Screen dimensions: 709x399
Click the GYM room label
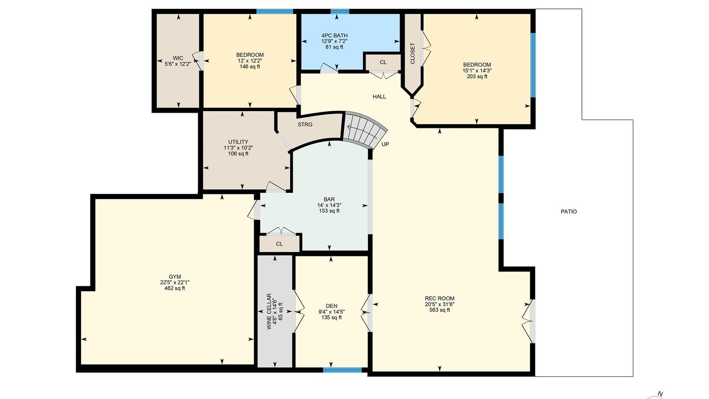(x=175, y=277)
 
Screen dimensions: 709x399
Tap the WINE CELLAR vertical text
(x=269, y=311)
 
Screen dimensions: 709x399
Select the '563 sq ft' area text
(x=439, y=310)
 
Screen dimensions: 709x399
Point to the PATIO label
(x=569, y=212)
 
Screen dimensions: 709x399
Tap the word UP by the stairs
(x=385, y=144)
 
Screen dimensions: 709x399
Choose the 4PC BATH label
(x=335, y=35)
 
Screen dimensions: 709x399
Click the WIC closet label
(x=178, y=58)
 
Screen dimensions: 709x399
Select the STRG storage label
(x=305, y=125)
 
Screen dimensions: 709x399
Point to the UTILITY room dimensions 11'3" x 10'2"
(x=238, y=148)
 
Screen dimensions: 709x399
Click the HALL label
(x=379, y=97)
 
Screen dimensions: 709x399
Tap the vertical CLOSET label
(x=412, y=53)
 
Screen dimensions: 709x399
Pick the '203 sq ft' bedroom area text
(x=477, y=76)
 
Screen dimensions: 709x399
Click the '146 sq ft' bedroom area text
(x=250, y=66)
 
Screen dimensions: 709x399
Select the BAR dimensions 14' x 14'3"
(x=329, y=205)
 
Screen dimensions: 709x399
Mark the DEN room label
(x=332, y=306)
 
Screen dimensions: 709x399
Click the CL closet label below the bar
(x=280, y=244)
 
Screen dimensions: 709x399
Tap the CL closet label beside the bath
(x=383, y=62)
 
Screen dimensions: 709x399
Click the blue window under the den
(x=342, y=370)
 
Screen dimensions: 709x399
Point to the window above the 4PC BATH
(x=340, y=11)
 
